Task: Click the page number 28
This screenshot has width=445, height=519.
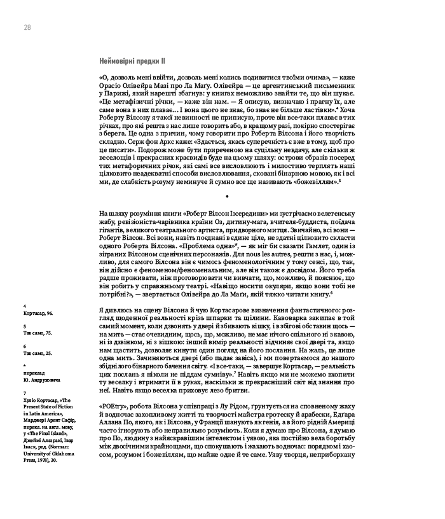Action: [x=27, y=27]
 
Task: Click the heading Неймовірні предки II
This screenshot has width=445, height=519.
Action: [x=132, y=61]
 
